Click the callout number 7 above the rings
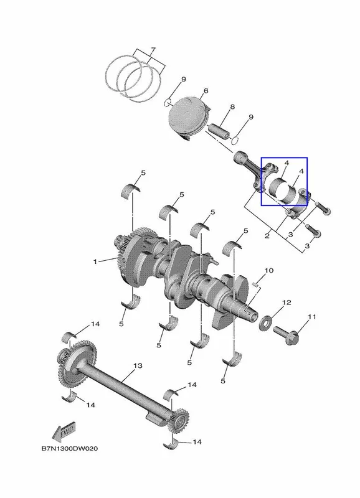153,50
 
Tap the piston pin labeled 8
219,132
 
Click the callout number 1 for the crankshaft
95,261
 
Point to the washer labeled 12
264,322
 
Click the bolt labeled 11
287,336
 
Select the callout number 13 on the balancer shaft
138,366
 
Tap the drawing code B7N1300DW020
70,449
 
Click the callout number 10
269,271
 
